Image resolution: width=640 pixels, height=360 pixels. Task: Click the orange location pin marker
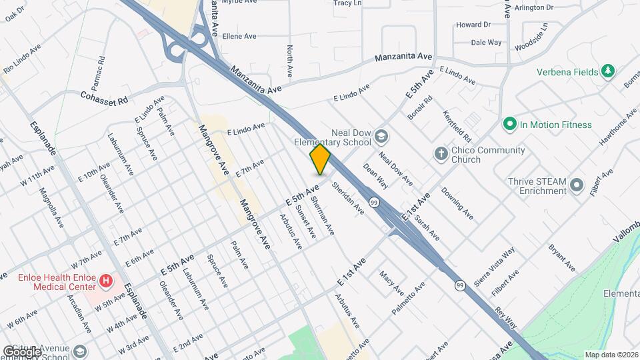click(x=320, y=159)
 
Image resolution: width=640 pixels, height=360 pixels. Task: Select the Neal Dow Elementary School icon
click(x=381, y=137)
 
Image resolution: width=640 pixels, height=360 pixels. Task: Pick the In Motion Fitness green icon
click(x=510, y=124)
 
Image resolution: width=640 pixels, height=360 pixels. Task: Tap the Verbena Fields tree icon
click(x=607, y=71)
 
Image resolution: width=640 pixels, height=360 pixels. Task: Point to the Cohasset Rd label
click(x=105, y=101)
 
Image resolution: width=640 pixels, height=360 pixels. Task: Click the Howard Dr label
click(x=473, y=25)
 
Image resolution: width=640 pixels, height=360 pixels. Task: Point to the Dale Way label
click(x=486, y=42)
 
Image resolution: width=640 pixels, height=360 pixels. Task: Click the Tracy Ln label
click(x=347, y=3)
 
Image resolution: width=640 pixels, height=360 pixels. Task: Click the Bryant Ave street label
click(x=562, y=257)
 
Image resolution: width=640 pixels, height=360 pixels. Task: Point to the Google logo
click(x=22, y=351)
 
